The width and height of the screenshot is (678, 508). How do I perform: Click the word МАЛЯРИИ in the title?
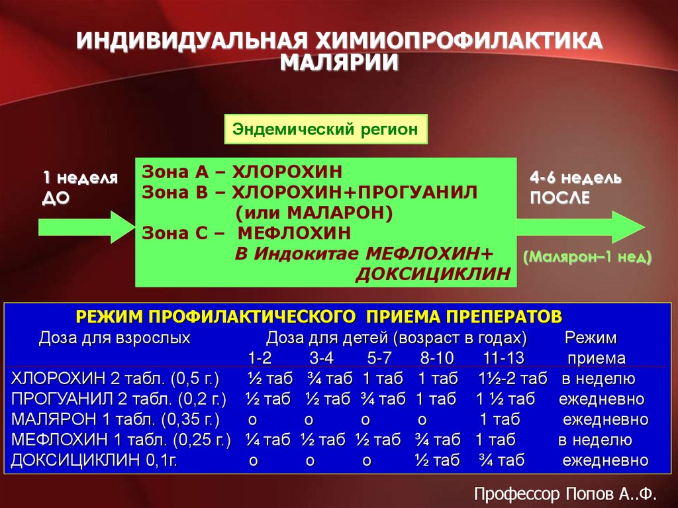(x=338, y=62)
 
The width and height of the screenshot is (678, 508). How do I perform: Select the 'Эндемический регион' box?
(x=325, y=128)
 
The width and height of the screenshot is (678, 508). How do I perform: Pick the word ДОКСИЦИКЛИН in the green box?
(x=433, y=274)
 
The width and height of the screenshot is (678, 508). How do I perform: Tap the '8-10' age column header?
(x=436, y=358)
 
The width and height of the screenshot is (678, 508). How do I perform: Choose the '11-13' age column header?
(x=504, y=358)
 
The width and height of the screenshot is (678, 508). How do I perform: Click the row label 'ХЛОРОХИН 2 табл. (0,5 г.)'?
(x=115, y=380)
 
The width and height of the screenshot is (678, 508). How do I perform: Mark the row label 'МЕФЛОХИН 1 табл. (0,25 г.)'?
(x=121, y=440)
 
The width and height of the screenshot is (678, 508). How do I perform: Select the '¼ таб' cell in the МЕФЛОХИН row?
(x=267, y=440)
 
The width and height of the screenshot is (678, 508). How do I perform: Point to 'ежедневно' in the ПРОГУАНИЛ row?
(x=601, y=399)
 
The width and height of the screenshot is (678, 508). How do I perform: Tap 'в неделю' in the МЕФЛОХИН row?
(x=595, y=440)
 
